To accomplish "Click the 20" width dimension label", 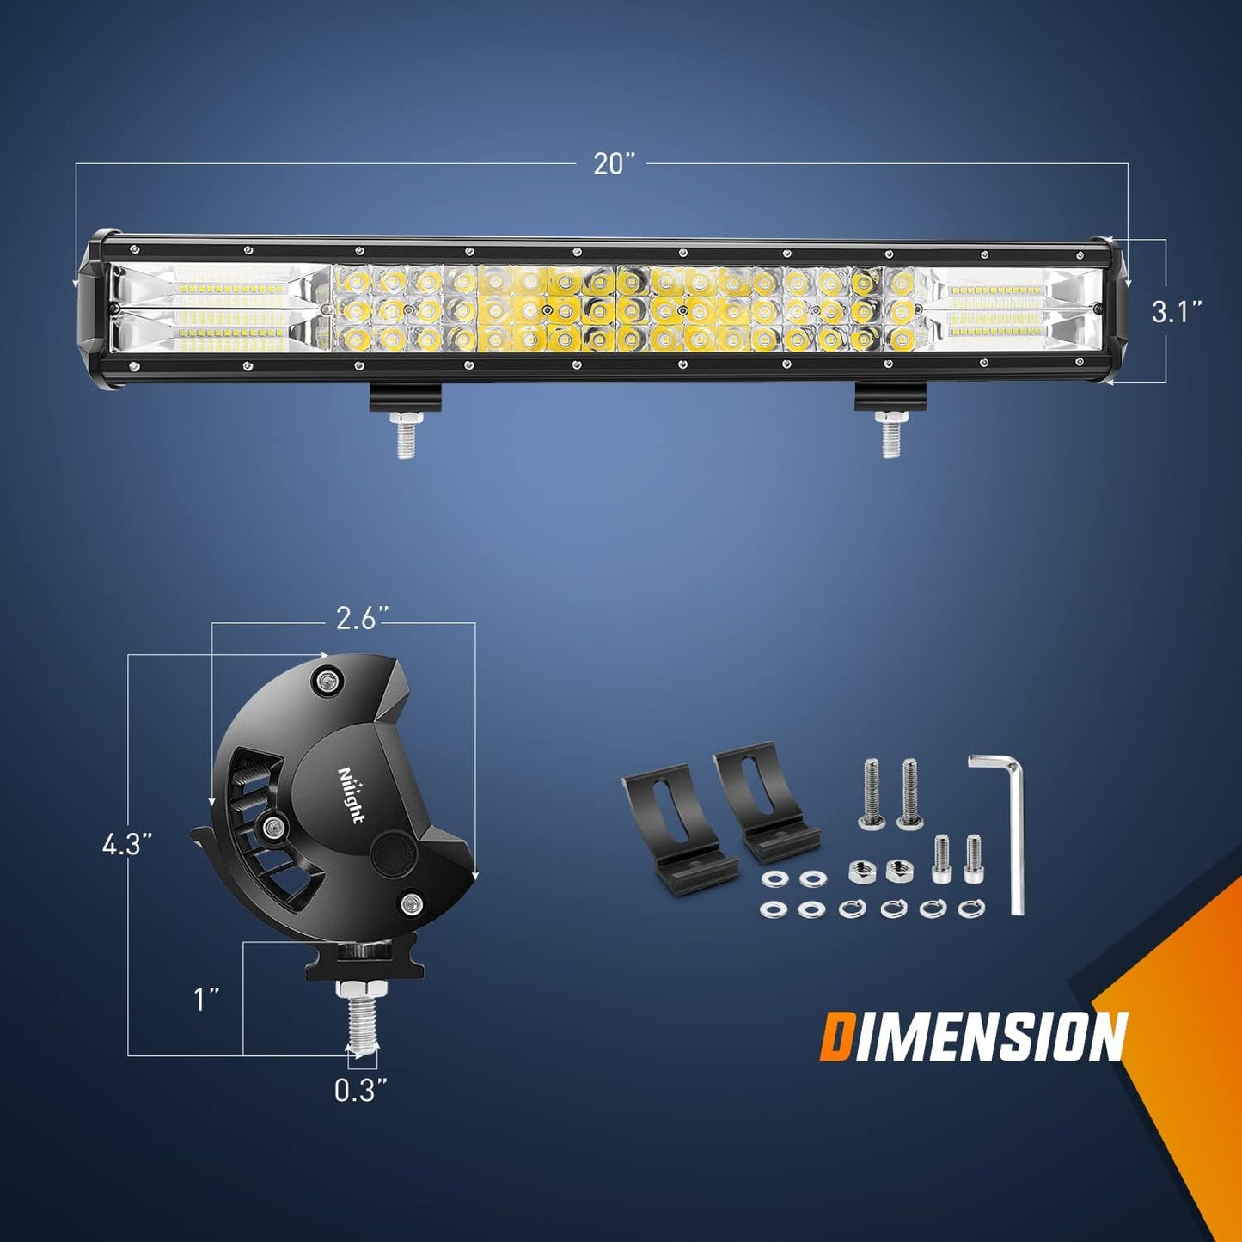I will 614,163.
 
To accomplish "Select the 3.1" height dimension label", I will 1176,311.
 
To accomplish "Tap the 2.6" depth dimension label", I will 361,618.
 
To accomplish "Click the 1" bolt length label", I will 205,999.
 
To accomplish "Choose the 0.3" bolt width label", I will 360,1090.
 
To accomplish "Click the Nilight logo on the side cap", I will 352,794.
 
